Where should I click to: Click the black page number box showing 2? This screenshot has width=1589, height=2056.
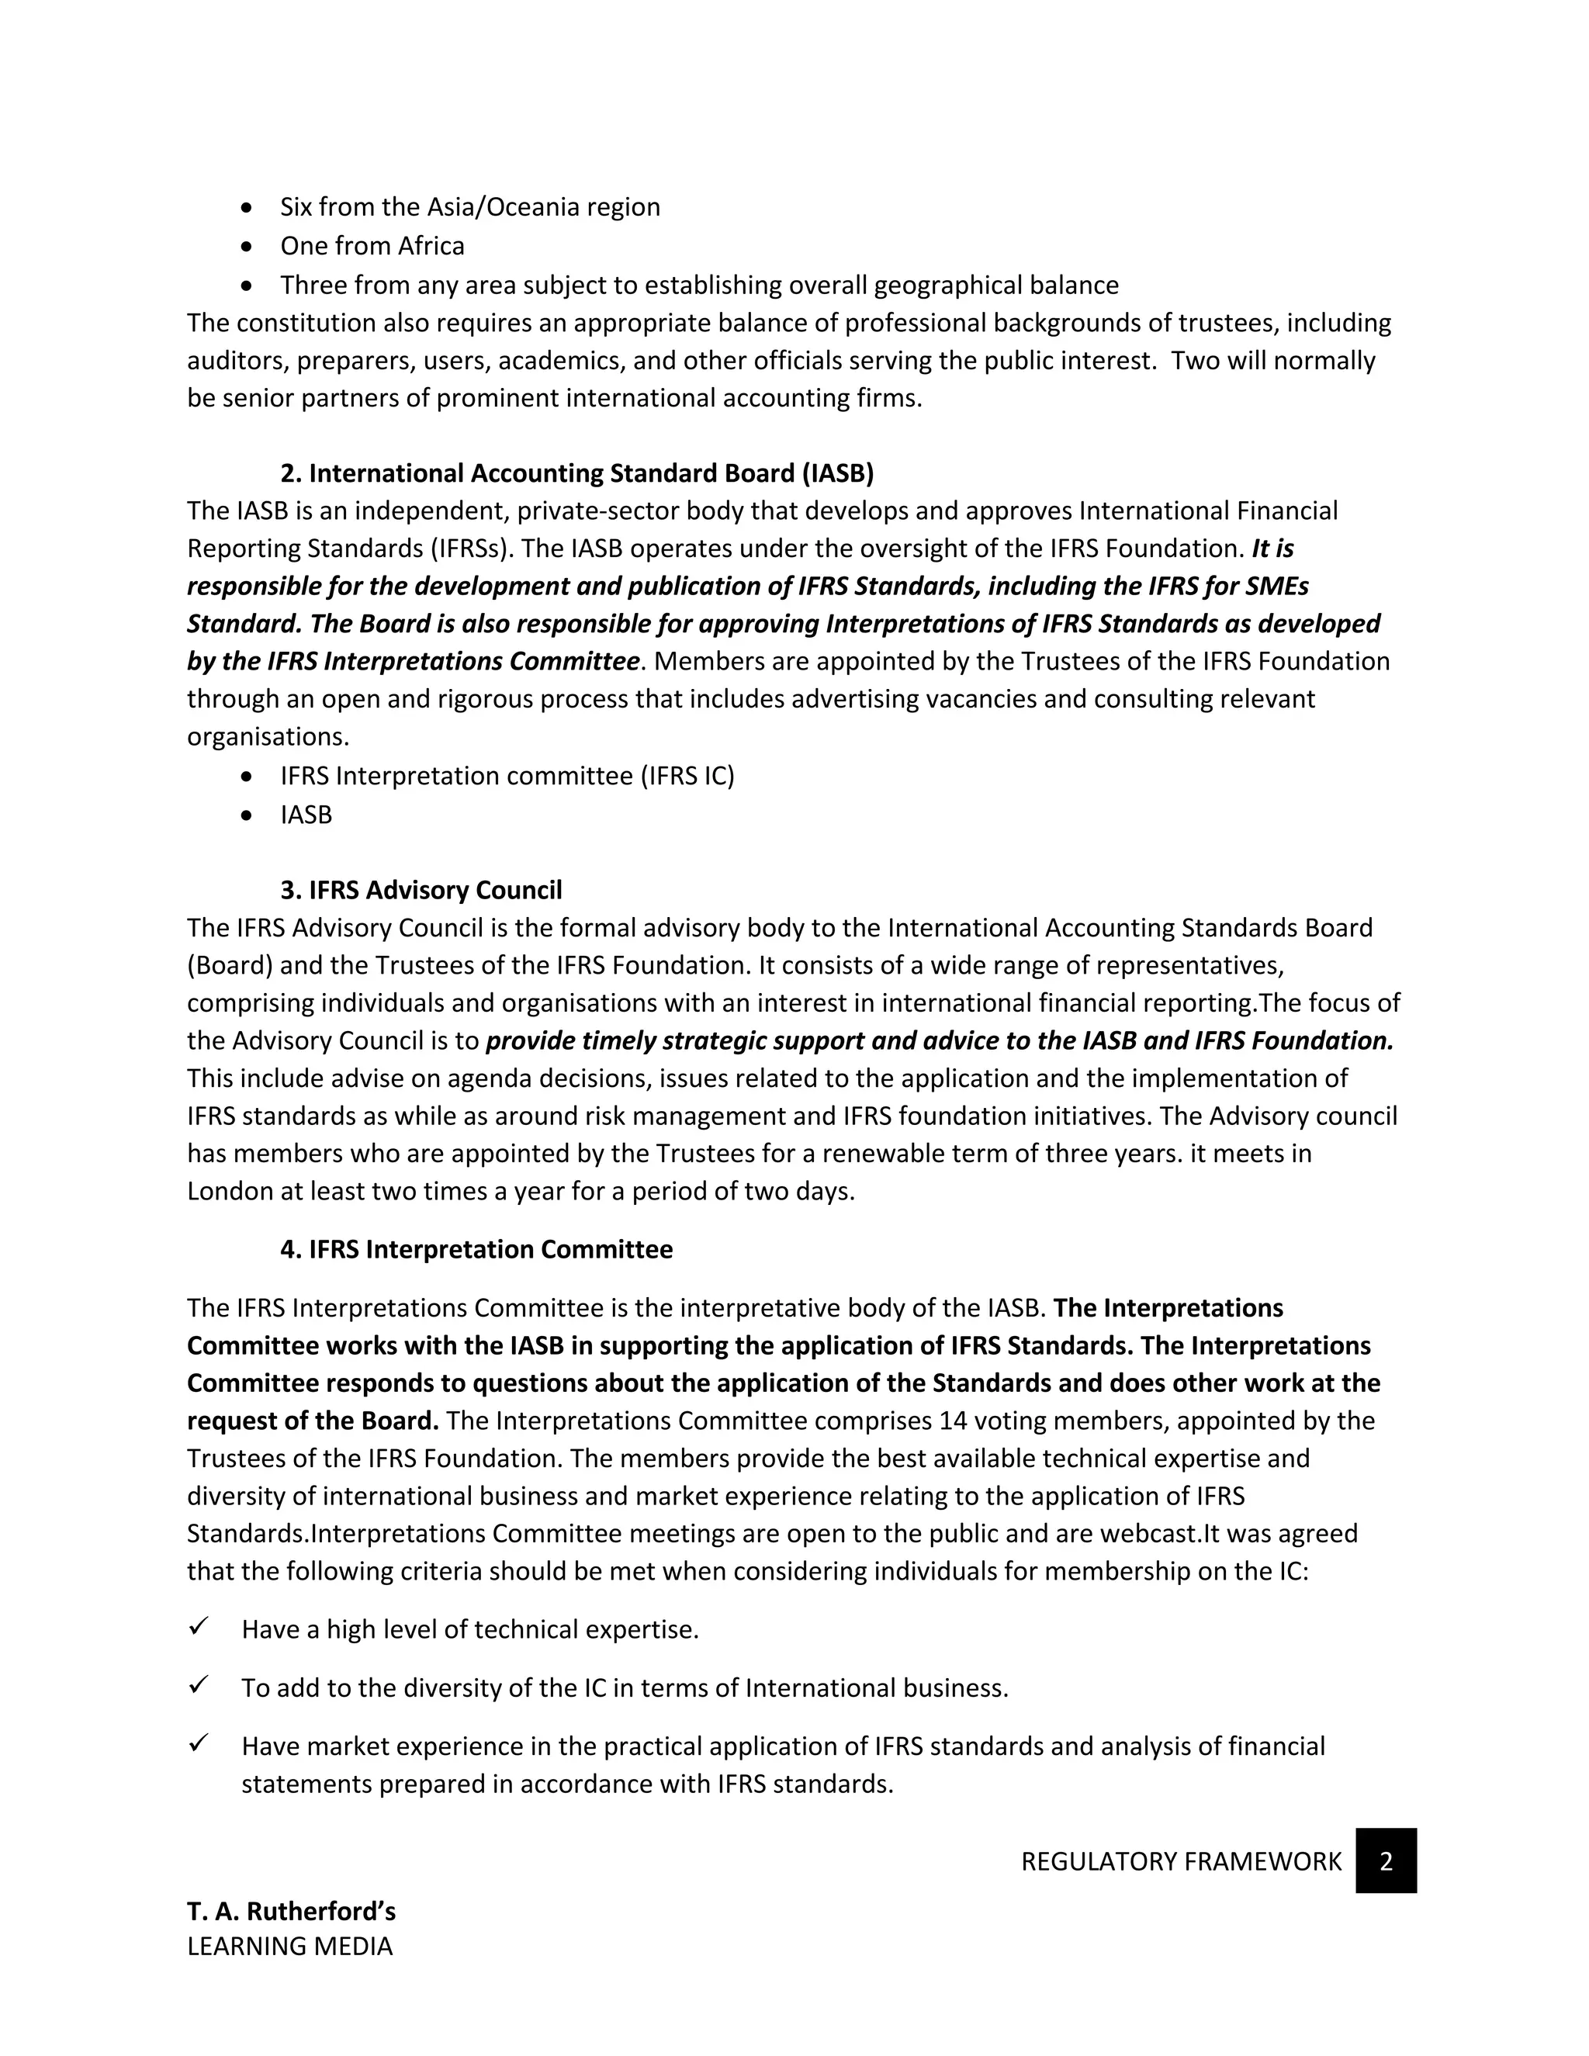(x=1386, y=1861)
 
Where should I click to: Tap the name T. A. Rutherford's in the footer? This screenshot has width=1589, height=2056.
(x=291, y=1911)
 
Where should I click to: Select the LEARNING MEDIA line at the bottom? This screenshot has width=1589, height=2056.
(x=289, y=1946)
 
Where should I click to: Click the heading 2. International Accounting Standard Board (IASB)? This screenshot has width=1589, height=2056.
(x=577, y=472)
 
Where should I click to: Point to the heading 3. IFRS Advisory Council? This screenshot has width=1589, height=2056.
(x=421, y=890)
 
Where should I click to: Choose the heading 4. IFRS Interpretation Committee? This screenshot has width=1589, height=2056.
(x=476, y=1249)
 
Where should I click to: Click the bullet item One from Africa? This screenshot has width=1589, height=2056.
(x=372, y=246)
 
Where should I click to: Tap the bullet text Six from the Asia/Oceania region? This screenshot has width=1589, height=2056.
(x=469, y=207)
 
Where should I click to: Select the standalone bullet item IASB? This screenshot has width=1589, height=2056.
(x=306, y=815)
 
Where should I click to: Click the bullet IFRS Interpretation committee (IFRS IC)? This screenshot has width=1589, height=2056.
(x=507, y=776)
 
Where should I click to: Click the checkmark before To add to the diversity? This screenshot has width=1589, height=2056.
(x=198, y=1685)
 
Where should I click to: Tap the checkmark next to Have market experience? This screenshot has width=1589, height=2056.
(x=198, y=1743)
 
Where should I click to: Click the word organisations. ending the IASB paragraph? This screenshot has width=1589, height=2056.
(x=268, y=737)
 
